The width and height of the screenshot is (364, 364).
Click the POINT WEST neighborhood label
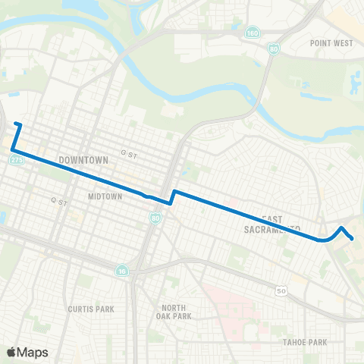point(331,43)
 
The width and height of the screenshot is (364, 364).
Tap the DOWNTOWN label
point(83,161)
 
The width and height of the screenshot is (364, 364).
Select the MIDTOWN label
point(105,196)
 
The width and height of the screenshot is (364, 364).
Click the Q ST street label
point(59,202)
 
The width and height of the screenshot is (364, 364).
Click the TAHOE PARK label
point(304,342)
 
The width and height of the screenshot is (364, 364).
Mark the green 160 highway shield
point(252,33)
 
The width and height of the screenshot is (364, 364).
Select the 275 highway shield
point(17,160)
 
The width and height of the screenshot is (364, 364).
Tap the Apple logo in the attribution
point(11,352)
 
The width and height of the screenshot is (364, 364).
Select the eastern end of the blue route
point(353,239)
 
